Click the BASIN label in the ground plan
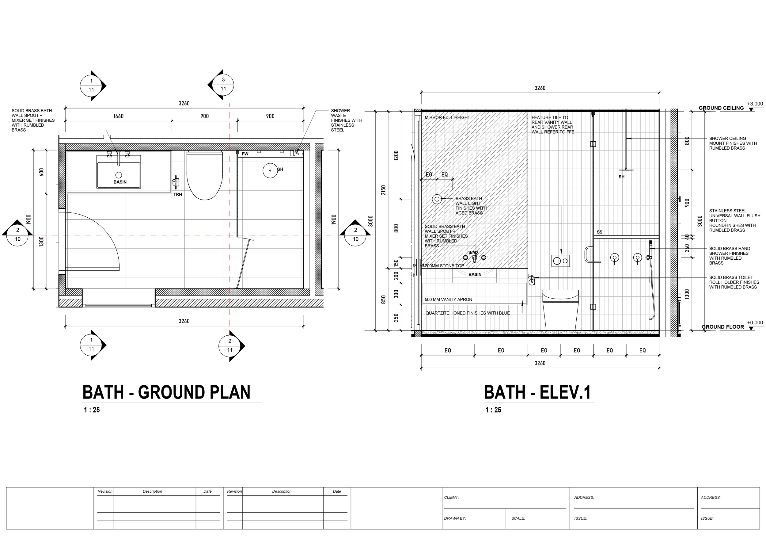point(120,182)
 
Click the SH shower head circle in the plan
point(270,170)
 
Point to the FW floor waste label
point(245,154)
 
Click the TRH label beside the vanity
point(177,194)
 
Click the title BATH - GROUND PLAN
point(166,392)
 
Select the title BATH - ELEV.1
point(537,392)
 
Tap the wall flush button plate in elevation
point(560,261)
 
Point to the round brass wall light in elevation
point(437,199)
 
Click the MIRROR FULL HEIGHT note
point(447,117)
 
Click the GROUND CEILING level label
point(721,108)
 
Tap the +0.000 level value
point(755,323)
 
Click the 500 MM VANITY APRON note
point(448,300)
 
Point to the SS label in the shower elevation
point(600,232)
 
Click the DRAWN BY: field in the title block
point(455,518)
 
